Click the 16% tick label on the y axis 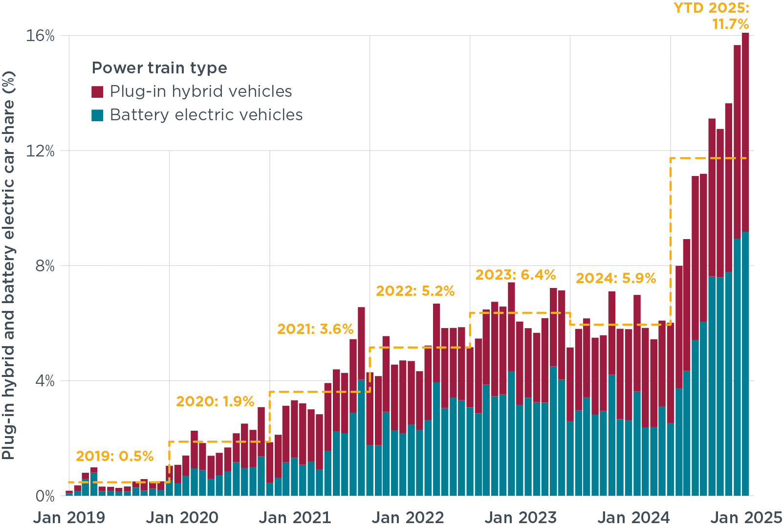coord(40,36)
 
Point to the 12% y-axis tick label coord(40,151)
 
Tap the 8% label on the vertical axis coord(44,266)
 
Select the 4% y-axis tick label coord(44,381)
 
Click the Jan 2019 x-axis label coord(69,517)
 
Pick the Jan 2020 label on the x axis coord(182,517)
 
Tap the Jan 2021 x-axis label coord(295,517)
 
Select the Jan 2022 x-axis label coord(408,517)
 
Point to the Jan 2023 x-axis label coord(521,517)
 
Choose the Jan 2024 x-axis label coord(633,517)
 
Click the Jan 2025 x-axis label coord(746,517)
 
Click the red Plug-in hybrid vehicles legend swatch coord(98,92)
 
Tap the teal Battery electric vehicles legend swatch coord(98,115)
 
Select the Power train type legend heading coord(159,68)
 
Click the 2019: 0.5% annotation coord(114,457)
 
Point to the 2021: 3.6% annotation coord(315,329)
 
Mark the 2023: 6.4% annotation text coord(516,275)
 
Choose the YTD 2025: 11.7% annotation coord(712,16)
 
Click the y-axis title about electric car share coord(8,265)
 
